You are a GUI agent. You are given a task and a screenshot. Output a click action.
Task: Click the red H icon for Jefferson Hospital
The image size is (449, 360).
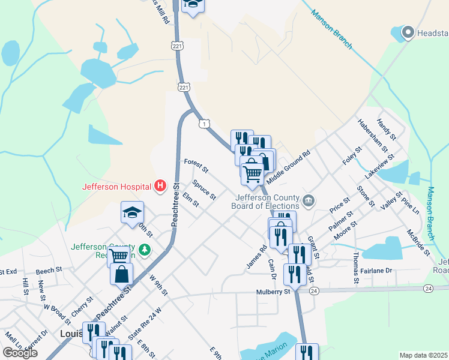click(x=160, y=186)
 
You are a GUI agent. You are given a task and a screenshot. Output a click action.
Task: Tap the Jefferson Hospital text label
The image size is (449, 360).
click(x=118, y=186)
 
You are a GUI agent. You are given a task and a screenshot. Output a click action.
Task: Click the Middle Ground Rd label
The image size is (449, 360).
click(x=288, y=167)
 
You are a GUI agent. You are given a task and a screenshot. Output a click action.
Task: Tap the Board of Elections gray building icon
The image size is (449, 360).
click(x=309, y=200)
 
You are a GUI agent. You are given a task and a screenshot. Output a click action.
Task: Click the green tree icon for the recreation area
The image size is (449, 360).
click(x=143, y=248)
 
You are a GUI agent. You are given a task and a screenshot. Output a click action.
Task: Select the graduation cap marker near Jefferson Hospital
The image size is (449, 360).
click(x=133, y=212)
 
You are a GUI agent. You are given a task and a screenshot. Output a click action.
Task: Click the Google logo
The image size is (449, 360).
click(x=20, y=353)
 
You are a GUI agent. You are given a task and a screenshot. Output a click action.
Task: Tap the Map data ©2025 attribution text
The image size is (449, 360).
click(x=424, y=355)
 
